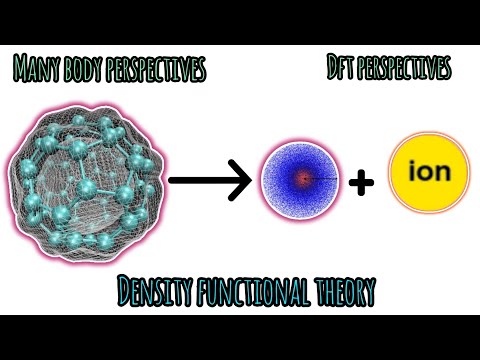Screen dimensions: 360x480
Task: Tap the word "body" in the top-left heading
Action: coord(84,70)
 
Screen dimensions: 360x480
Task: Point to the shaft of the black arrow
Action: coord(200,181)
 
